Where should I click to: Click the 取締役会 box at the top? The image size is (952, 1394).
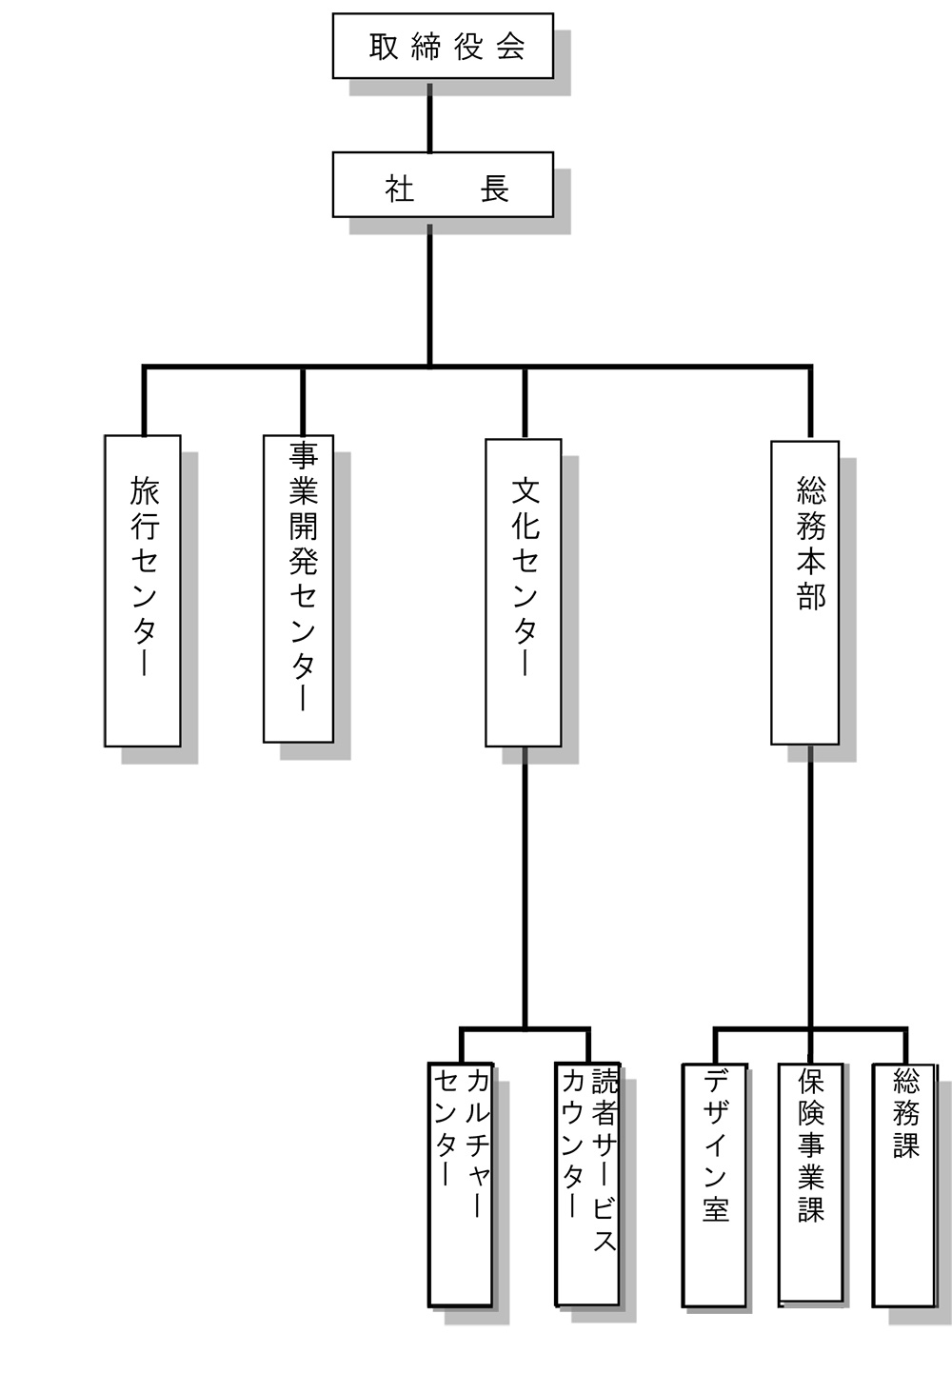[443, 46]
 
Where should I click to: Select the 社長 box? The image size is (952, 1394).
[443, 185]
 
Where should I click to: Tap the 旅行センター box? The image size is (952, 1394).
[143, 590]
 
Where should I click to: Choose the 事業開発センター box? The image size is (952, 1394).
[298, 588]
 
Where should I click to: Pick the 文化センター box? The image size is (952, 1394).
[524, 592]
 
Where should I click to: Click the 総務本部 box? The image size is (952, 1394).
[805, 592]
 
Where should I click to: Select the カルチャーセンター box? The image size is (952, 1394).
[461, 1184]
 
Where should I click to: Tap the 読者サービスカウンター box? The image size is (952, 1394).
[587, 1184]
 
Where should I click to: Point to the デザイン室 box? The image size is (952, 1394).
[714, 1185]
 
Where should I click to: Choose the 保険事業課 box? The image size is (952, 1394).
[811, 1183]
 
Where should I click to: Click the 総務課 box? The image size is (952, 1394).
[904, 1185]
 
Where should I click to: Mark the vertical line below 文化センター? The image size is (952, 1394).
[524, 886]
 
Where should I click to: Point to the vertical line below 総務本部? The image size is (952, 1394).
[810, 886]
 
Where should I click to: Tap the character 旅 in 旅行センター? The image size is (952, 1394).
[145, 491]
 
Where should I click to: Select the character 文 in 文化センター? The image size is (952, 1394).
[526, 491]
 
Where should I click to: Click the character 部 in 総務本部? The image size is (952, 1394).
[811, 596]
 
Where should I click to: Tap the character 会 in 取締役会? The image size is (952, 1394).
[511, 47]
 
